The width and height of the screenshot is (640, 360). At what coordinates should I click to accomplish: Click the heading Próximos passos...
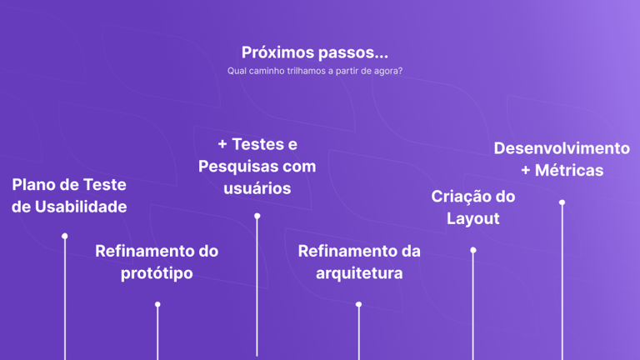(x=315, y=52)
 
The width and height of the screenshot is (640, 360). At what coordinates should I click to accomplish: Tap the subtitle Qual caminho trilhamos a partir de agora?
(x=315, y=71)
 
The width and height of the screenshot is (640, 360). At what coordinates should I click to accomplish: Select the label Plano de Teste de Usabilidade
(x=69, y=195)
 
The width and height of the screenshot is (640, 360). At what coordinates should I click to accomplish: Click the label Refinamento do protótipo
(x=157, y=262)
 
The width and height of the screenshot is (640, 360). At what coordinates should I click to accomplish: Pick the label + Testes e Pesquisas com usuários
(x=257, y=166)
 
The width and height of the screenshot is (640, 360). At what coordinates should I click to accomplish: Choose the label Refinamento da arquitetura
(x=359, y=262)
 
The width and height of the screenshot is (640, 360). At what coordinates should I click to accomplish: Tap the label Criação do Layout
(x=473, y=207)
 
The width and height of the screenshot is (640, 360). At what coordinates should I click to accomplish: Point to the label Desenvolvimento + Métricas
(x=562, y=158)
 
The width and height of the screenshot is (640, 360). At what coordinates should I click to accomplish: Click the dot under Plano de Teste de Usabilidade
(x=65, y=237)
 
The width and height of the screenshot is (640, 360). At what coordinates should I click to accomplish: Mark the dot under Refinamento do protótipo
(x=157, y=305)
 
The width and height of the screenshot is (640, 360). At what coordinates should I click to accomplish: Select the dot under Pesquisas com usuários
(x=257, y=217)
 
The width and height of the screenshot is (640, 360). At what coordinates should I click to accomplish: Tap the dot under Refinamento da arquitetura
(x=359, y=305)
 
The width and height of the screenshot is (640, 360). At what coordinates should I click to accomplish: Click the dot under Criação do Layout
(x=473, y=250)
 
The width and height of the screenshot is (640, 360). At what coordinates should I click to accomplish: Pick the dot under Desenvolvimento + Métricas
(x=562, y=202)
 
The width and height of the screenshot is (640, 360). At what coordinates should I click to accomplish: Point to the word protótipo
(x=157, y=273)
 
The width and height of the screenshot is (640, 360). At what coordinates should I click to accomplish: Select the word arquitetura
(x=359, y=273)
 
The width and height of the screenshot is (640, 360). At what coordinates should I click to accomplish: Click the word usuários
(x=257, y=188)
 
